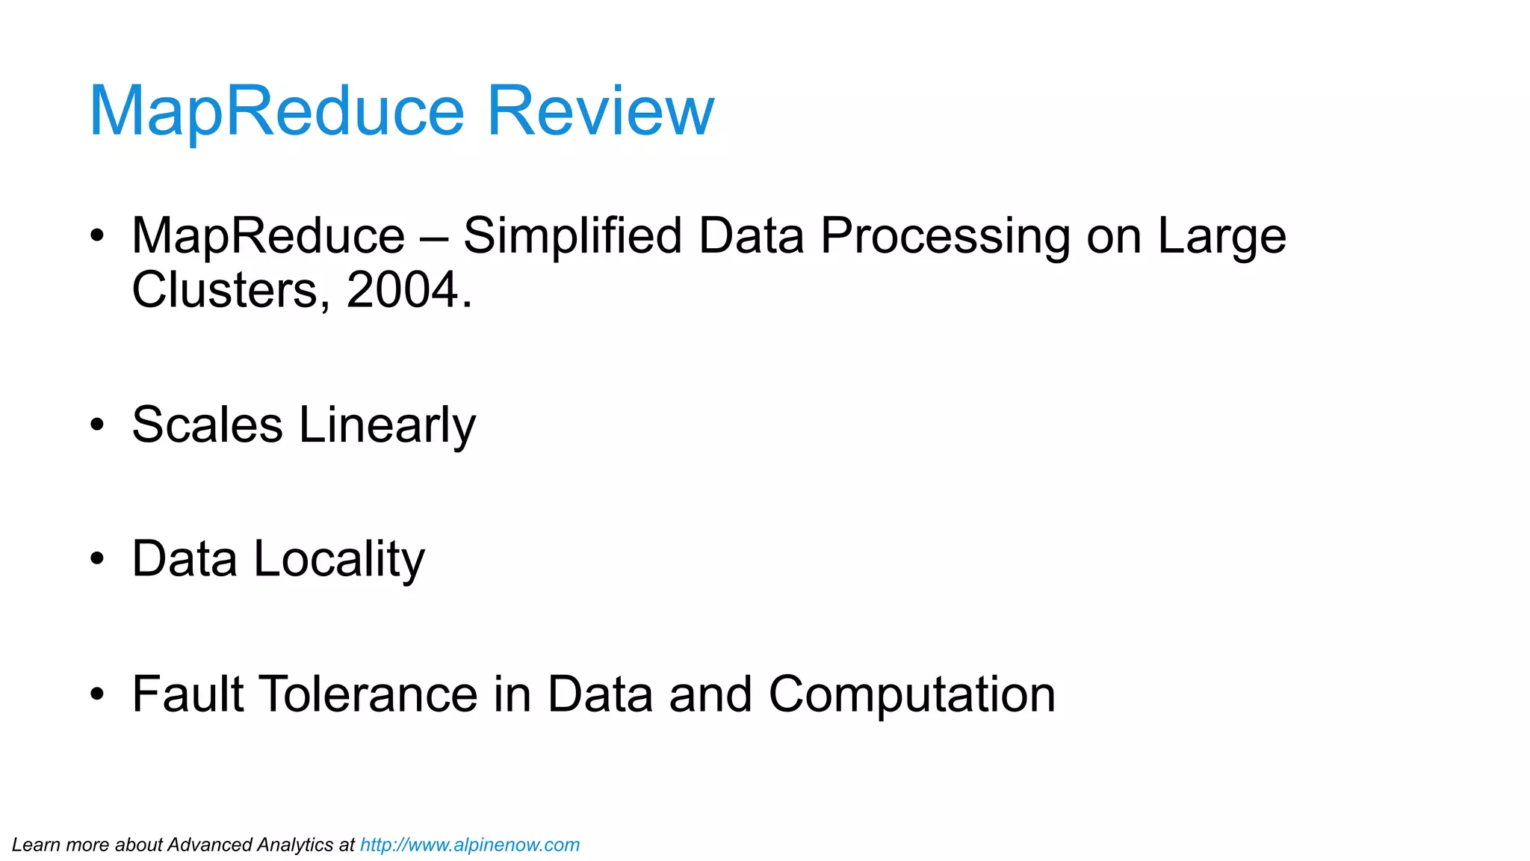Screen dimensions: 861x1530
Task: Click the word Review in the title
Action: tap(601, 111)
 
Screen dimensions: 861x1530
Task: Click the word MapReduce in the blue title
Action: tap(276, 111)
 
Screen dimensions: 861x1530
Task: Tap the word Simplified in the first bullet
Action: tap(572, 236)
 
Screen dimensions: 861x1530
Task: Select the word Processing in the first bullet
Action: tap(945, 236)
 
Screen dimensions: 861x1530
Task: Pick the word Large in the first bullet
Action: tap(1221, 236)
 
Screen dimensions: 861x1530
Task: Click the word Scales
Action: tap(207, 425)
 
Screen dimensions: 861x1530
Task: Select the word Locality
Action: tap(339, 559)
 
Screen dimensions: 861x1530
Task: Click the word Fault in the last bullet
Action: tap(188, 694)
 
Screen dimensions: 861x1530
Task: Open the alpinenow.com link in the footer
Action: tap(470, 845)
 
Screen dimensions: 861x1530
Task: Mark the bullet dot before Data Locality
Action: tap(97, 559)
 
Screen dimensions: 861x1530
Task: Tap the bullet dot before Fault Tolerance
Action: tap(97, 694)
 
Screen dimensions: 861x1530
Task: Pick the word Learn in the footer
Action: tap(35, 845)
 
